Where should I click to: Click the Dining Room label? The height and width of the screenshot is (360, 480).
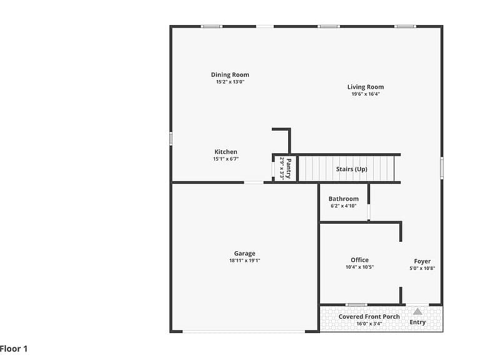[x=230, y=75]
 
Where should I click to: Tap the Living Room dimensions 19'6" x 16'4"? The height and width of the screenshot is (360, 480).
[x=366, y=94]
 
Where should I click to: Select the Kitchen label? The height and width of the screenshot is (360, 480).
[x=226, y=152]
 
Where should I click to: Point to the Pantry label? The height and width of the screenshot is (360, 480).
[x=289, y=168]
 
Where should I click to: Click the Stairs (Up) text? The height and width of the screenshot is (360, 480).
[x=351, y=169]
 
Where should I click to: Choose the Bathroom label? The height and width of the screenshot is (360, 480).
[x=344, y=199]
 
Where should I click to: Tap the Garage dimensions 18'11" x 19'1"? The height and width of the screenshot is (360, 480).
[x=244, y=261]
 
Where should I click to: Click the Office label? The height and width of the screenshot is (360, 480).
[x=359, y=260]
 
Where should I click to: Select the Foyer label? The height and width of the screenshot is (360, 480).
[x=422, y=261]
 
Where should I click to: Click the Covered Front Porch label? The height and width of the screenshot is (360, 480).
[x=369, y=316]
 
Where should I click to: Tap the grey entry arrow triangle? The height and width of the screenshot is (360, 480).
[x=417, y=312]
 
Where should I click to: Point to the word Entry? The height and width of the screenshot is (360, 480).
[x=417, y=322]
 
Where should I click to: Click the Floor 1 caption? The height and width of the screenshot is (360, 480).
[x=14, y=349]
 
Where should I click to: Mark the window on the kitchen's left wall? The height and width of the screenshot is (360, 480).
[x=171, y=138]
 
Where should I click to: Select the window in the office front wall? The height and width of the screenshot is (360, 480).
[x=356, y=305]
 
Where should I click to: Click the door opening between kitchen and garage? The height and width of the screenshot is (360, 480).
[x=254, y=182]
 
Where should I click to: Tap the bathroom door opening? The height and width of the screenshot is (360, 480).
[x=369, y=212]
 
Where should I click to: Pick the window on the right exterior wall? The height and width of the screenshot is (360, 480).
[x=442, y=167]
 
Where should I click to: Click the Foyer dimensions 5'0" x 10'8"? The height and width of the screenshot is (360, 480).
[x=422, y=268]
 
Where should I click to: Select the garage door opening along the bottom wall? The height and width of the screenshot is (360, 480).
[x=244, y=331]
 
